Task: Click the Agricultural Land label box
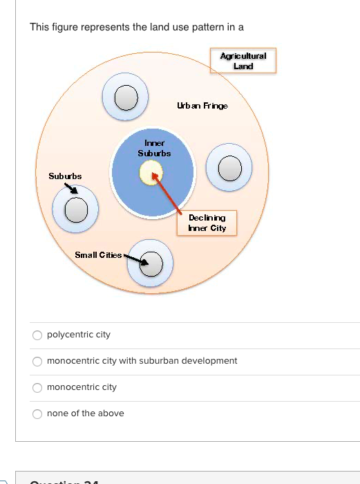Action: click(x=243, y=61)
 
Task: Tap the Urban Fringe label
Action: click(x=202, y=106)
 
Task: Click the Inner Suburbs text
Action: click(x=154, y=148)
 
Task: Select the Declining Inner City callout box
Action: click(x=207, y=223)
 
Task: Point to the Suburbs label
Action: click(x=65, y=176)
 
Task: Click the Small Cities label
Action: click(x=98, y=255)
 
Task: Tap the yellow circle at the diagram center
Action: click(x=150, y=173)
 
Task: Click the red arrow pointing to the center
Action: click(x=168, y=194)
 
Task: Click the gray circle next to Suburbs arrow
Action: click(x=77, y=208)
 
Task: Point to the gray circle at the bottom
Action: click(x=151, y=263)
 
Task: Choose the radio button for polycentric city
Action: click(x=37, y=335)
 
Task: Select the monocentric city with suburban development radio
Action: click(x=37, y=362)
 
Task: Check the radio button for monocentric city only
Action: click(x=37, y=388)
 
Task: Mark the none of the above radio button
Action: click(x=37, y=414)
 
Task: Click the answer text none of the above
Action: click(x=85, y=413)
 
